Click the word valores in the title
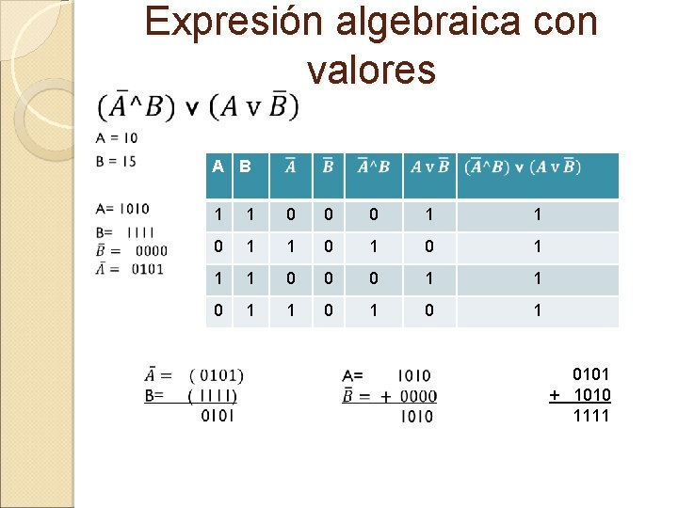coord(371,69)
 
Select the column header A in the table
coord(218,167)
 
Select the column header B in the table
coord(245,167)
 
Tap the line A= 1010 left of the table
coord(122,209)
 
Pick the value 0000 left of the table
coord(151,250)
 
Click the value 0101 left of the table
coord(149,269)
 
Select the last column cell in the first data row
coord(538,215)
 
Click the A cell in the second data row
coord(218,247)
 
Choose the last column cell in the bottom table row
coord(538,310)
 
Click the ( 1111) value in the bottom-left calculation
coord(213,396)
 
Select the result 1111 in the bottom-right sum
coord(591,415)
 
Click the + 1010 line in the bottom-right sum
coord(581,395)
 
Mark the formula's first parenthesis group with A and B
coord(142,106)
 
